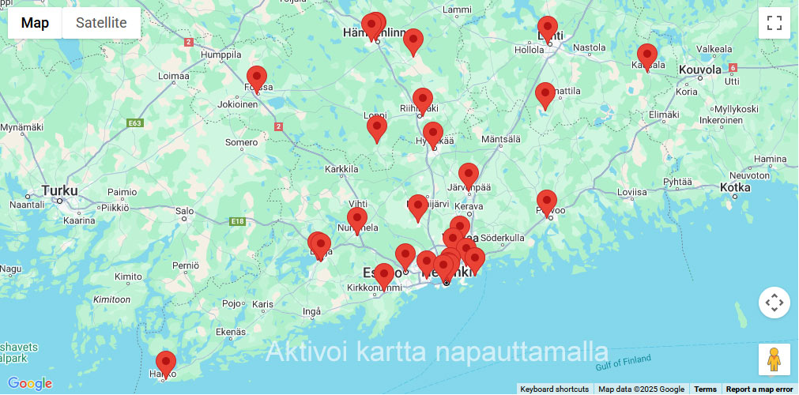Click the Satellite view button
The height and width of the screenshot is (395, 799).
[x=101, y=23]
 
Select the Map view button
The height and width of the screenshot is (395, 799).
[x=35, y=23]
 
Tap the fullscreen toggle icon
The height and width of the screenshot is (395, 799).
[x=774, y=23]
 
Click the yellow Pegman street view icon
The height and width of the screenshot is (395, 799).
[x=774, y=359]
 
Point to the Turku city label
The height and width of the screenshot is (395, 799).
[x=60, y=190]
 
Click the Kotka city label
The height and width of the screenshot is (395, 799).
[x=735, y=187]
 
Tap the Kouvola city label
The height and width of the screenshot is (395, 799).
[x=700, y=70]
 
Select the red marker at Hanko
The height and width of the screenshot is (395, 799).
[x=166, y=364]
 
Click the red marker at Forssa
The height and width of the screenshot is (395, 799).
[x=257, y=79]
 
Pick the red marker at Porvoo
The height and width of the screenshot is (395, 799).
[x=547, y=203]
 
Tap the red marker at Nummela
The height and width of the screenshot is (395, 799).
[x=357, y=220]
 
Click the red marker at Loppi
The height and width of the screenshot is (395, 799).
[x=377, y=129]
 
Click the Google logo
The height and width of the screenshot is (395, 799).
[x=30, y=384]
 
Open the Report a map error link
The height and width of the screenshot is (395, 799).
[x=759, y=389]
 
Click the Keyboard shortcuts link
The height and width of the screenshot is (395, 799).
[x=554, y=389]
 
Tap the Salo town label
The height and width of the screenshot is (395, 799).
[x=184, y=211]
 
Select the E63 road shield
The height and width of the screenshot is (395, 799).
[x=134, y=123]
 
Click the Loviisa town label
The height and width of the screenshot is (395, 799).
[x=631, y=192]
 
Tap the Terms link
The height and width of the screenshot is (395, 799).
[x=705, y=389]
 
